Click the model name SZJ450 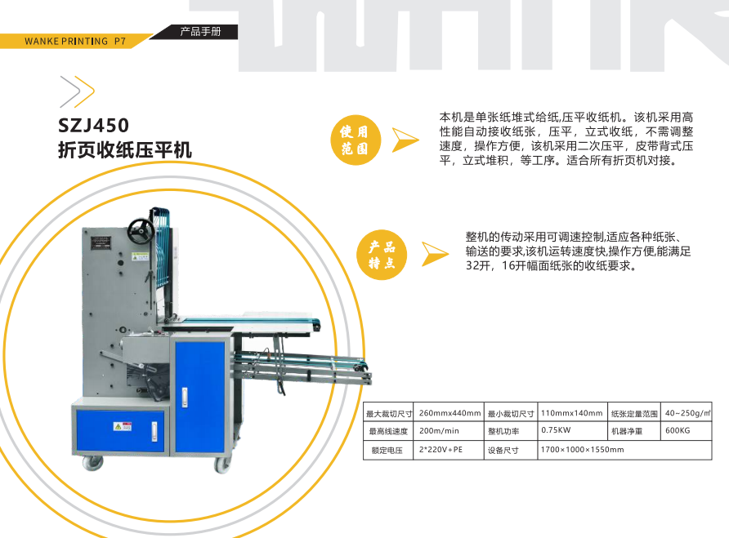click(x=93, y=125)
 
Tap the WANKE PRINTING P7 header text click(x=75, y=42)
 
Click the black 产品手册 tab click(x=200, y=32)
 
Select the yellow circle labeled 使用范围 click(x=356, y=140)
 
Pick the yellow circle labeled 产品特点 click(x=382, y=255)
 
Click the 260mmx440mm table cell click(x=449, y=412)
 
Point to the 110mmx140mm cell click(x=571, y=412)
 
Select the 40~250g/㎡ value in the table click(x=687, y=412)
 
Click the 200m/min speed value click(x=439, y=431)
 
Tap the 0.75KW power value click(x=556, y=430)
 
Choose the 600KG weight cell click(x=678, y=430)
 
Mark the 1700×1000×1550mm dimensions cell click(x=582, y=449)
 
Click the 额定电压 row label click(x=387, y=450)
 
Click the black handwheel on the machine click(x=141, y=230)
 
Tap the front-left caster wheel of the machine click(x=93, y=463)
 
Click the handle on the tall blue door click(x=185, y=398)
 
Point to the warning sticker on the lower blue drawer click(x=123, y=426)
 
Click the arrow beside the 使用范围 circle click(x=405, y=140)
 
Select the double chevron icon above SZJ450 click(x=77, y=91)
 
